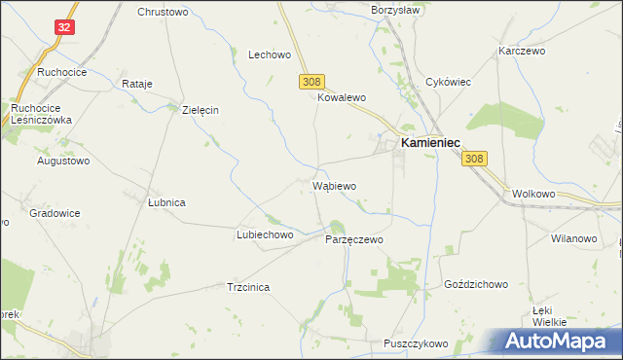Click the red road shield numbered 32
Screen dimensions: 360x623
[x=63, y=28]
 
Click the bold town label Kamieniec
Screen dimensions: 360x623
[x=429, y=142]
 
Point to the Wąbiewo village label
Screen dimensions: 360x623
[x=334, y=186]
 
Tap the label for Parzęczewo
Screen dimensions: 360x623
[x=354, y=239]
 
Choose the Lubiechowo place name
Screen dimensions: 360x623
[x=265, y=235]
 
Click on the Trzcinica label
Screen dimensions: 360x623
[x=247, y=288]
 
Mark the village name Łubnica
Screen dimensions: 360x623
[x=165, y=202]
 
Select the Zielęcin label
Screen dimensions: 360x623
[x=201, y=110]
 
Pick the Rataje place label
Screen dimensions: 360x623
[x=137, y=84]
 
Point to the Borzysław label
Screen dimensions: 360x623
[x=393, y=10]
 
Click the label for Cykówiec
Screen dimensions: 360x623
[x=448, y=82]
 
